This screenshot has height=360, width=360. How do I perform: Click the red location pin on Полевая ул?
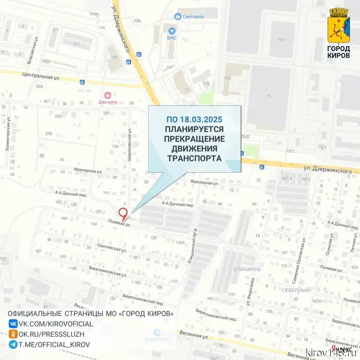[123, 213]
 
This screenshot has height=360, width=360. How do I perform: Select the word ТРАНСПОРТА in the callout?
[194, 158]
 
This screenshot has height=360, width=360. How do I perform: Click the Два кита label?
[108, 102]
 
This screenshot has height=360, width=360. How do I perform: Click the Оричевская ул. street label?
[109, 247]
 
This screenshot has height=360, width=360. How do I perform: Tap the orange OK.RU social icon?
[13, 334]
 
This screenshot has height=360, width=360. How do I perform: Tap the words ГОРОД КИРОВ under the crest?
[338, 52]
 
